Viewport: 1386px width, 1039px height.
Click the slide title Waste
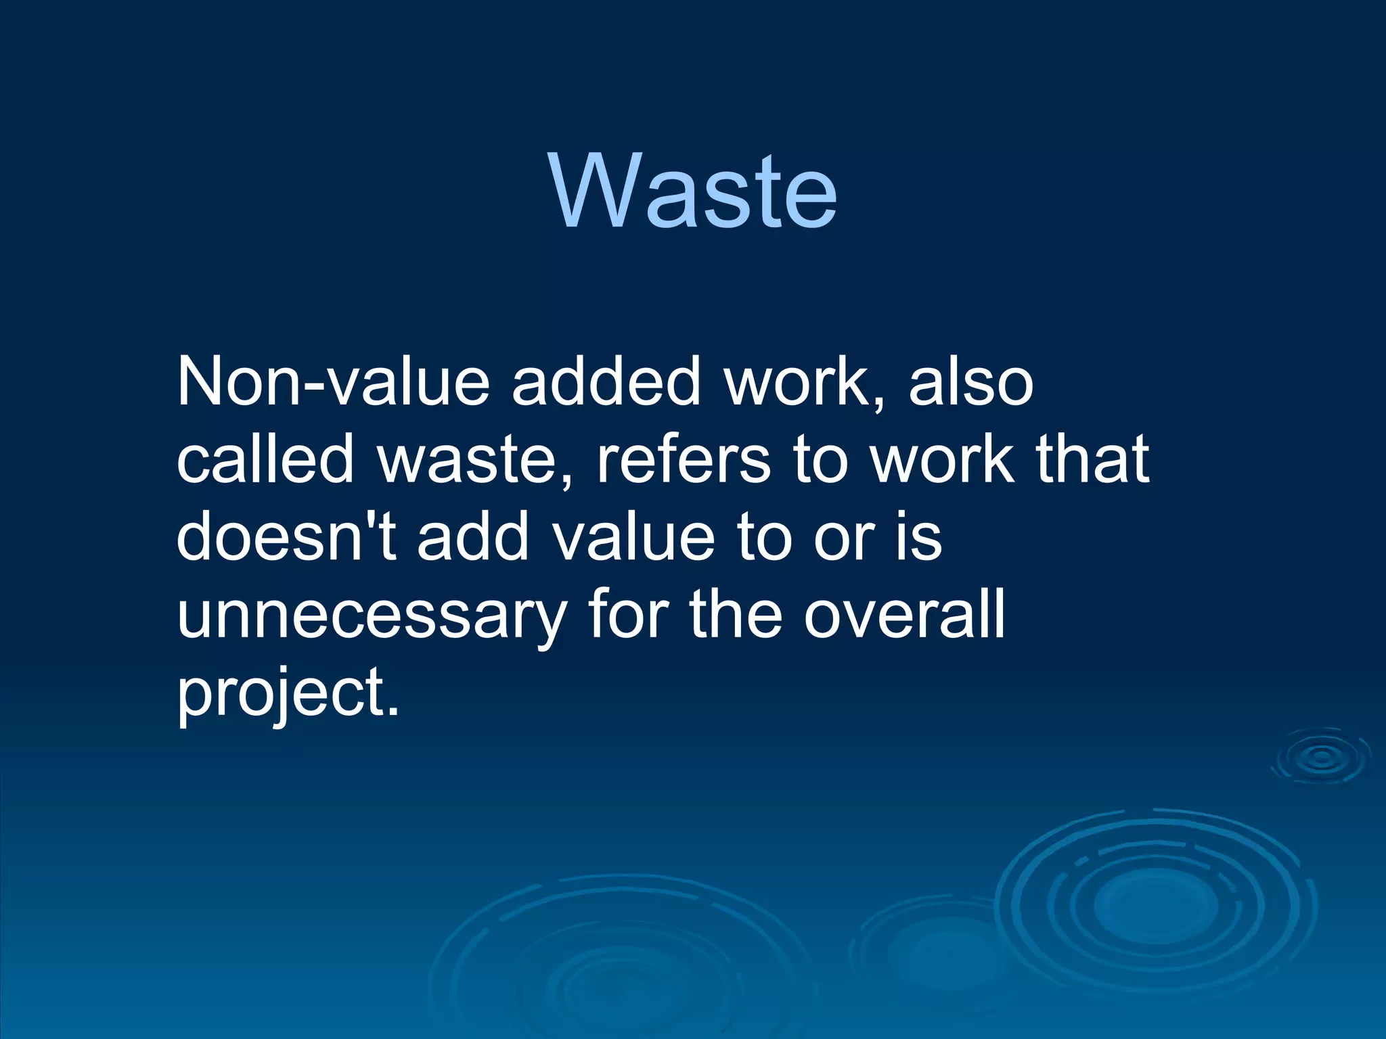694,191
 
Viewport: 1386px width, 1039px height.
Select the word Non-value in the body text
332,382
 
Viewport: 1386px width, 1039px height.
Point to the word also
970,382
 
